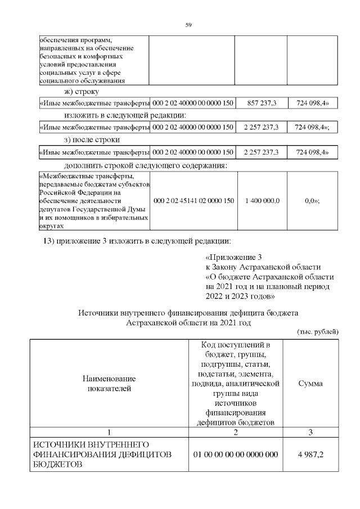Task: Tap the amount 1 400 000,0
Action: (261, 201)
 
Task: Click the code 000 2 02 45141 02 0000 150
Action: (193, 201)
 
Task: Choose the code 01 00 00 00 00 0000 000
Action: (236, 454)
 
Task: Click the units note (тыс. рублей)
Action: (317, 332)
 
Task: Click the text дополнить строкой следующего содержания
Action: (146, 165)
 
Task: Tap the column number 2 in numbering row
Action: (236, 432)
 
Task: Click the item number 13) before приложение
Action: (49, 242)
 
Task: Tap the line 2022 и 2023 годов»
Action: (240, 295)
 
